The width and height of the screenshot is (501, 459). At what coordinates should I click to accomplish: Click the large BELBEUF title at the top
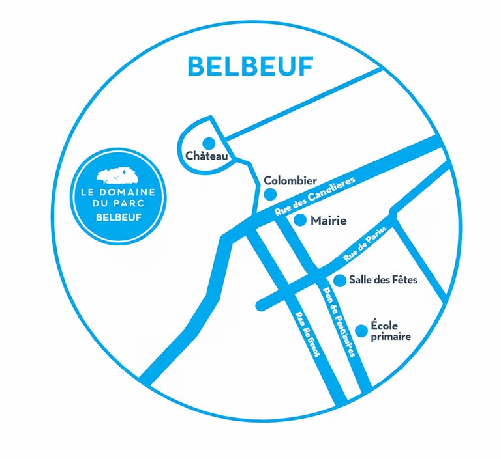[x=250, y=66]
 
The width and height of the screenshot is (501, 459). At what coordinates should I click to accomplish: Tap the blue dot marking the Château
[x=209, y=142]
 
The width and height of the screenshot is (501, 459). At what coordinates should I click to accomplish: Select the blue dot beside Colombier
[x=269, y=194]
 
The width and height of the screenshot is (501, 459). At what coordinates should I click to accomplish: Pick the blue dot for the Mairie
[x=300, y=220]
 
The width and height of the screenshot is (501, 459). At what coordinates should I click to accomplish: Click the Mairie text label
[x=328, y=221]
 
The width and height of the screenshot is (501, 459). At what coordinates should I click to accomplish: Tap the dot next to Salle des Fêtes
[x=339, y=280]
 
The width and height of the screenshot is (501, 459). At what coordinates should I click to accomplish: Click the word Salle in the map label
[x=361, y=280]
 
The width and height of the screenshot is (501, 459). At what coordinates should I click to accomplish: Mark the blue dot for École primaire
[x=361, y=329]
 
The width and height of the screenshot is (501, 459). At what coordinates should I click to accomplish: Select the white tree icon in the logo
[x=115, y=174]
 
